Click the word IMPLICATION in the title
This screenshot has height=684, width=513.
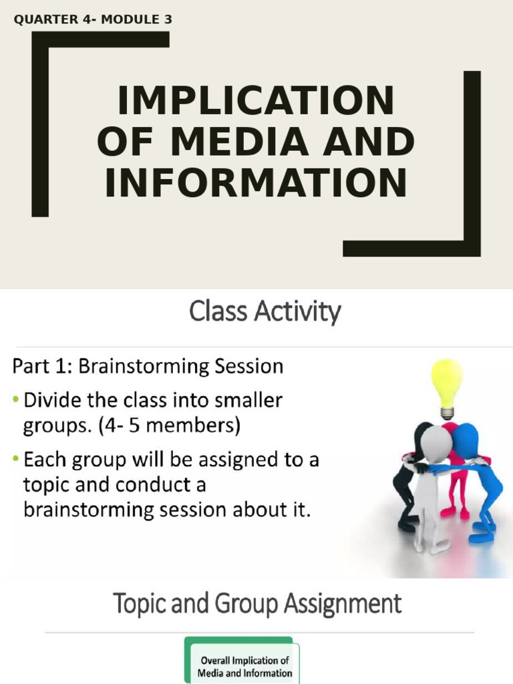(256, 102)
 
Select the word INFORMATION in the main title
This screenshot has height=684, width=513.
(256, 183)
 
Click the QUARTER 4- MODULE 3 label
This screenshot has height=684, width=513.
(93, 20)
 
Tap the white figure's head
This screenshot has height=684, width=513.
(436, 444)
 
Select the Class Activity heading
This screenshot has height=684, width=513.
(265, 312)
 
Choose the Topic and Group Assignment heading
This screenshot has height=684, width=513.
(257, 604)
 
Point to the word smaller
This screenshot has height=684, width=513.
(248, 401)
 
